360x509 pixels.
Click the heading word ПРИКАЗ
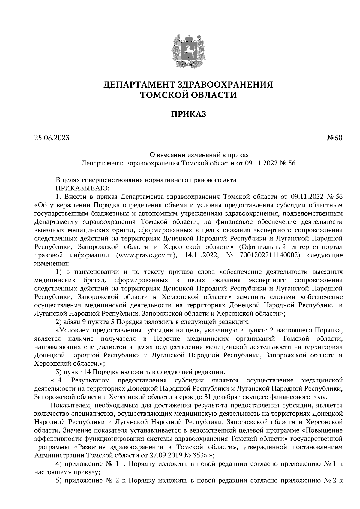pyautogui.click(x=188, y=114)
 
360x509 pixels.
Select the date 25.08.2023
pyautogui.click(x=52, y=138)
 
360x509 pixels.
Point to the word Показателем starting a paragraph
pyautogui.click(x=71, y=405)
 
